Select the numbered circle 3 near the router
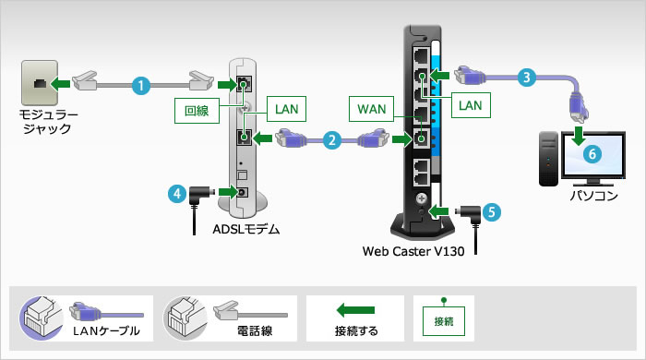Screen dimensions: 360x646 click(x=524, y=78)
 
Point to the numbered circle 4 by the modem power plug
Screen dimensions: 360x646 click(x=175, y=194)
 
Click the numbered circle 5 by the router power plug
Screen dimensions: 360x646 click(x=493, y=211)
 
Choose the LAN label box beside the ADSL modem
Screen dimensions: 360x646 click(x=284, y=108)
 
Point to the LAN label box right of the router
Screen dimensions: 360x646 click(x=471, y=106)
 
